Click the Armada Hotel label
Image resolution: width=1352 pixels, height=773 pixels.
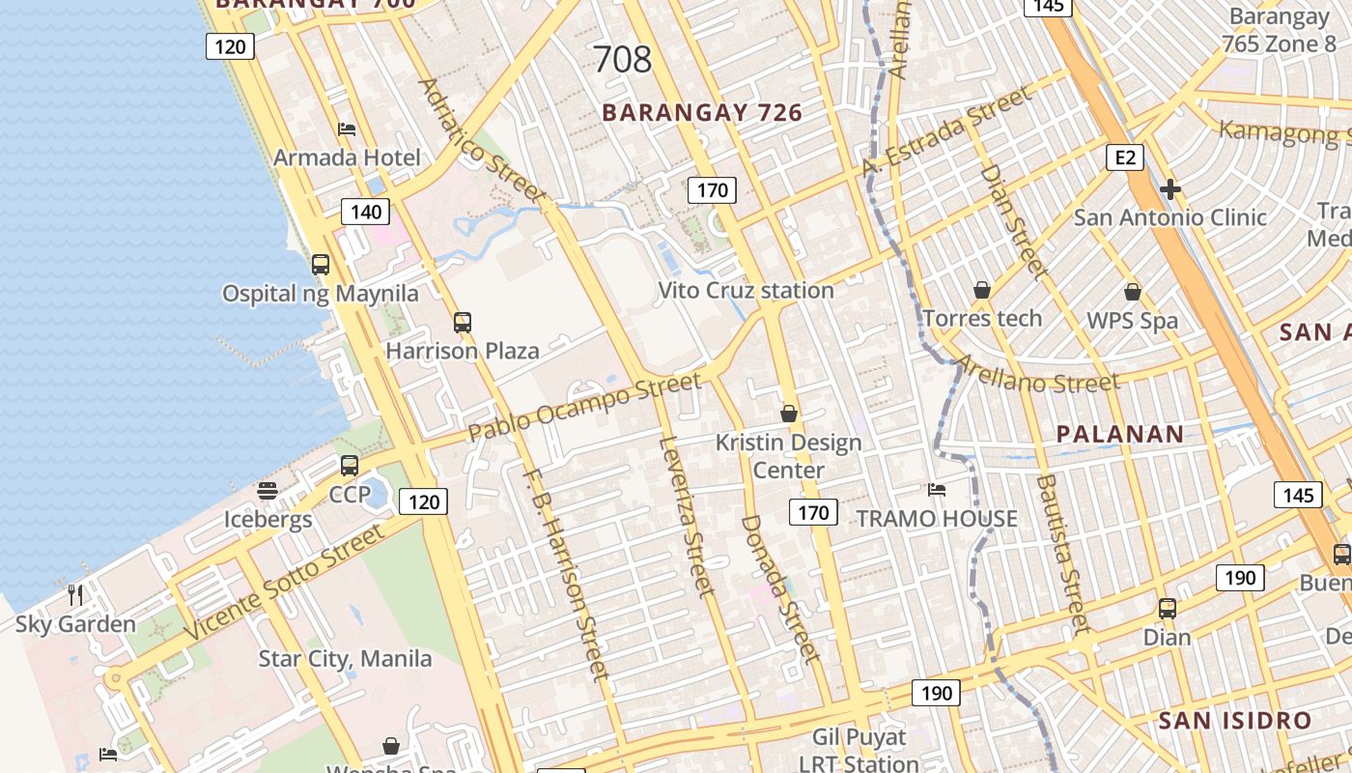point(347,157)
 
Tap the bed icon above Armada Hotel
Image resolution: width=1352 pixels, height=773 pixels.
point(347,129)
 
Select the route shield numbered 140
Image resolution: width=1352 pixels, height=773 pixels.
point(366,212)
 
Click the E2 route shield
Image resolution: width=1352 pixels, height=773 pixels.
point(1126,157)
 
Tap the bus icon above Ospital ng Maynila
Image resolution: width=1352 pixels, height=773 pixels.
point(321,264)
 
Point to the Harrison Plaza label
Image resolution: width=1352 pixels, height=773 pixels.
point(462,351)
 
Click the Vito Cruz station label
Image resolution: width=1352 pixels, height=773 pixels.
point(746,290)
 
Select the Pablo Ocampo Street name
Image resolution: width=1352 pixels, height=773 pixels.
point(584,408)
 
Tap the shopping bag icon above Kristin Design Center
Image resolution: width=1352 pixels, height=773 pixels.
point(789,414)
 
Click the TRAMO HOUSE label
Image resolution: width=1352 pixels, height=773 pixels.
point(937,519)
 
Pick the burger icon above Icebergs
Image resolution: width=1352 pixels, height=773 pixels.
point(268,491)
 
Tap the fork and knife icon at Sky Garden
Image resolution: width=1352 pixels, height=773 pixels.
point(75,594)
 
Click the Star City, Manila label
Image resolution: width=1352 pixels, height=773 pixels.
point(345,659)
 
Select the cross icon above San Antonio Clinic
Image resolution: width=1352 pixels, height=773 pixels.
point(1170,189)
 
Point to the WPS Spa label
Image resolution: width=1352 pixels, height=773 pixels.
point(1132,321)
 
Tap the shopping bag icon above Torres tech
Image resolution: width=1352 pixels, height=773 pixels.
point(982,290)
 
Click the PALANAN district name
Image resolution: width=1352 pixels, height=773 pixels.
point(1120,434)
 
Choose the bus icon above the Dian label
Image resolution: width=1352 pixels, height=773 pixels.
point(1168,609)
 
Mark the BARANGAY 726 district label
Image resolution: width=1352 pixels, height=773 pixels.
point(702,113)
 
